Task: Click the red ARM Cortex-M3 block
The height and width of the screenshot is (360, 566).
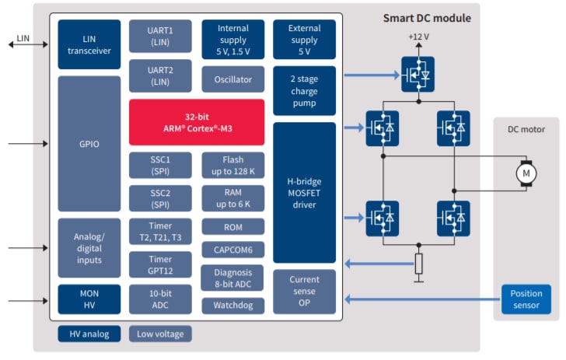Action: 197,121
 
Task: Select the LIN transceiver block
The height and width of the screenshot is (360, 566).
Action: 89,44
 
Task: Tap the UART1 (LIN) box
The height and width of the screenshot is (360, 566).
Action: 160,35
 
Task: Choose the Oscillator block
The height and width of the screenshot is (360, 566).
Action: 232,79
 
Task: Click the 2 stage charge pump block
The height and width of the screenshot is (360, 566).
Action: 304,89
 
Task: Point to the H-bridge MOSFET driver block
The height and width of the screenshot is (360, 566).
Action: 304,191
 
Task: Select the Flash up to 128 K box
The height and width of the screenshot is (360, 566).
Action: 232,165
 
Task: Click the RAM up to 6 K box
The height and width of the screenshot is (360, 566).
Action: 232,197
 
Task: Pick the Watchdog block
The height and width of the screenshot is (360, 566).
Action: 232,306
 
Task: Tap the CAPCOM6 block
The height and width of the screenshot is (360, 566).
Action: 232,250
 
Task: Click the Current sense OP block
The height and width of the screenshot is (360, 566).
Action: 304,291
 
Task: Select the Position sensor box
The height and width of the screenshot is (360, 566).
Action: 526,299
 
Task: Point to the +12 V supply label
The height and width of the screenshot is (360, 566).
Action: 418,37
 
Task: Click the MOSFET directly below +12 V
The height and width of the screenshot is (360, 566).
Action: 418,74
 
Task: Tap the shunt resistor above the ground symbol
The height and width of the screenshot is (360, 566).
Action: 418,264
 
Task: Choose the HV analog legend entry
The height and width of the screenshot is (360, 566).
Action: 89,334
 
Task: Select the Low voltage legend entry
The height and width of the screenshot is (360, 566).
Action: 160,334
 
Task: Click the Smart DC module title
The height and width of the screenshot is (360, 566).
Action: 426,18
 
